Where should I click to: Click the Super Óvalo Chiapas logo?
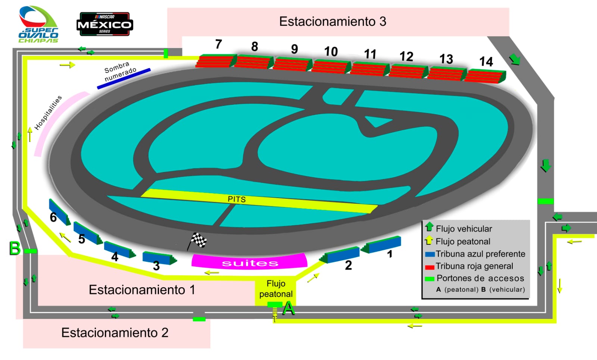tap(38, 25)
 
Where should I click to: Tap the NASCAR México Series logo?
tap(104, 24)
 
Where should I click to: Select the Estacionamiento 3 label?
tap(332, 22)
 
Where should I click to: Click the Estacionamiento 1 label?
tap(142, 290)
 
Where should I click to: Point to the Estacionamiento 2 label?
tap(115, 333)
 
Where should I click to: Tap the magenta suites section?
tap(249, 261)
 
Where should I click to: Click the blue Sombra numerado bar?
tap(124, 79)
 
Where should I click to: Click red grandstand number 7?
tap(216, 61)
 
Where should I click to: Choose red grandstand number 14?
tap(485, 76)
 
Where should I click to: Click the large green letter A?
tap(288, 309)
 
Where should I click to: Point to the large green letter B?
tap(15, 248)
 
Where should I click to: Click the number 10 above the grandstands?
tap(331, 51)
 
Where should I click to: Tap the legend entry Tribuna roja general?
tap(474, 266)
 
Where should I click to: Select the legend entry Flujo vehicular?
tap(464, 229)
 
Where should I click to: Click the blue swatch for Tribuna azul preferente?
tap(430, 254)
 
